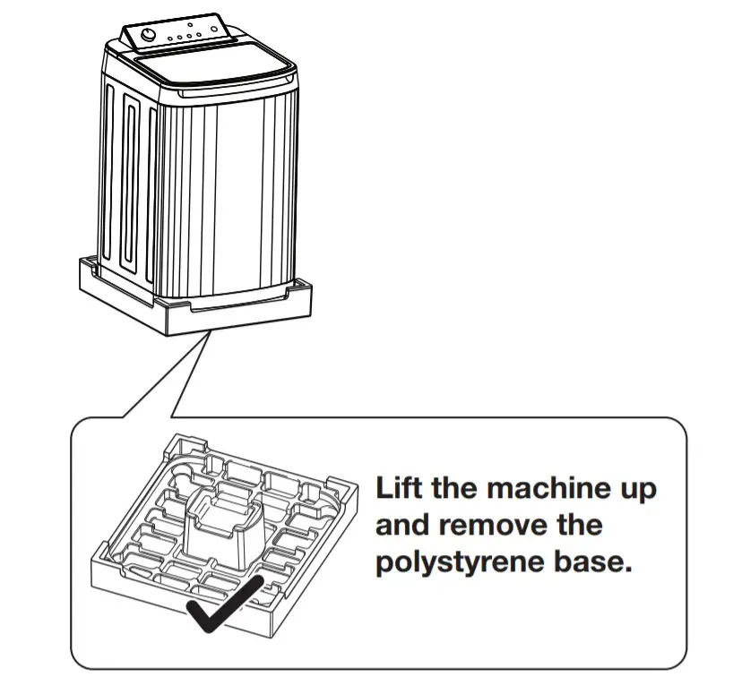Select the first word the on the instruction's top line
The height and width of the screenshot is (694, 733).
coord(453,489)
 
